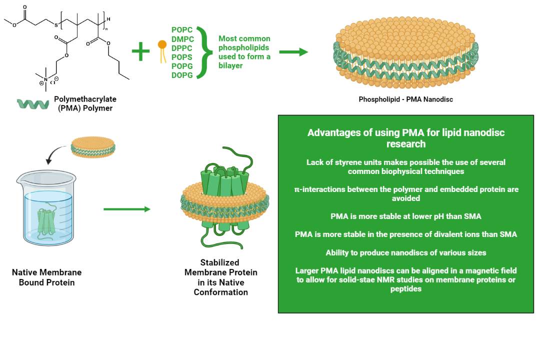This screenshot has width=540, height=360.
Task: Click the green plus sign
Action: tap(140, 51)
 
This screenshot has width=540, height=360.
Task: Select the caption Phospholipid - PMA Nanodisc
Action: tap(405, 99)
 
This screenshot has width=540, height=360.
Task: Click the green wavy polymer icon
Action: tap(33, 103)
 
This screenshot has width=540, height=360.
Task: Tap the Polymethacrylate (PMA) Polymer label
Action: tap(85, 103)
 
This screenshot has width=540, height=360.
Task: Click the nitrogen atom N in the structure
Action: tap(45, 80)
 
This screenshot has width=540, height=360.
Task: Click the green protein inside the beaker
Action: tap(48, 220)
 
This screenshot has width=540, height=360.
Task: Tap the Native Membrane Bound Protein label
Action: tap(46, 277)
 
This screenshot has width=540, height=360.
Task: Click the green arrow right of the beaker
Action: tap(126, 209)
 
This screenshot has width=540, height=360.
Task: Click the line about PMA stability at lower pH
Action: tap(405, 216)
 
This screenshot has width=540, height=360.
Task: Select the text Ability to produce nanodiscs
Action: tap(405, 252)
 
